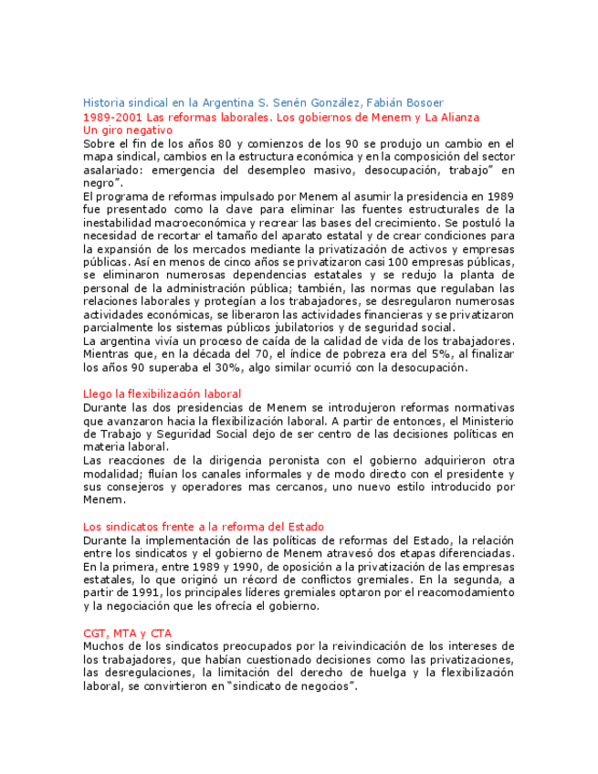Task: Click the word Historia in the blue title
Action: point(104,102)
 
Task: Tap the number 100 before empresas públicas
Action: point(400,261)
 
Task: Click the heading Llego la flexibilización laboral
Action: point(162,393)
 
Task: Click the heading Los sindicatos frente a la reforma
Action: point(203,526)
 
